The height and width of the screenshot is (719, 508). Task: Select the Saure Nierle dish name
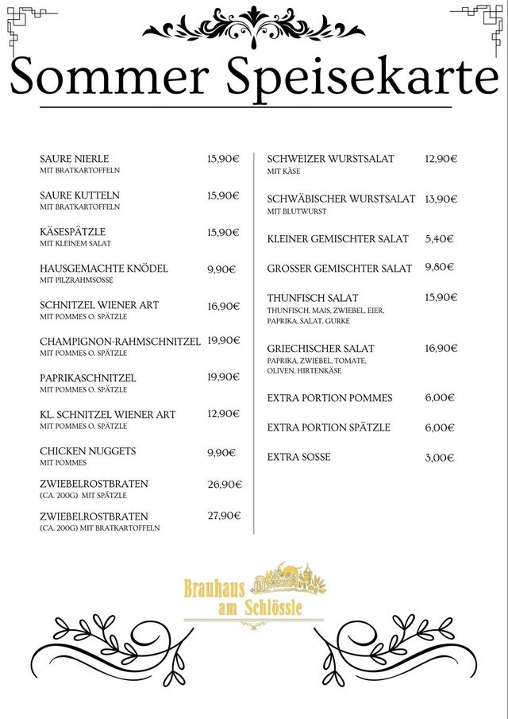point(75,159)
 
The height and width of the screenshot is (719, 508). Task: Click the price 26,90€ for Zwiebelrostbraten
point(224,484)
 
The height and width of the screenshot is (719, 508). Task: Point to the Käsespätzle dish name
point(73,232)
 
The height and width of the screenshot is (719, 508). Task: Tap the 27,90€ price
point(224,516)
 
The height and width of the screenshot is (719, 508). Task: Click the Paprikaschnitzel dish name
point(88,378)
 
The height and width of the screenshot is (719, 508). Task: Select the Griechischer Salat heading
point(321,349)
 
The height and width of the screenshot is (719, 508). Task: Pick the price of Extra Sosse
point(439,458)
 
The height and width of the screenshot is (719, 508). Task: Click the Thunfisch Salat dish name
point(313,298)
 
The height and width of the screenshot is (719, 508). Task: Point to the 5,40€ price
point(439,238)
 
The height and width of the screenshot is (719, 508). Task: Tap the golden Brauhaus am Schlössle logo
point(254,596)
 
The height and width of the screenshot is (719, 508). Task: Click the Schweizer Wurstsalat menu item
point(330,159)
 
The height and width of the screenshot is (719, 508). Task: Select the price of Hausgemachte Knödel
point(221,269)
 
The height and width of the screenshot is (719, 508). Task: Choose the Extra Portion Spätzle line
point(329,427)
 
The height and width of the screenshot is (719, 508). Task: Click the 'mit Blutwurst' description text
point(297,211)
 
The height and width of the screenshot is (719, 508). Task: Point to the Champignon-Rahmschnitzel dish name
point(120,342)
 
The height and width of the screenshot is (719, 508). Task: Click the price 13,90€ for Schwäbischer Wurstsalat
point(441,199)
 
